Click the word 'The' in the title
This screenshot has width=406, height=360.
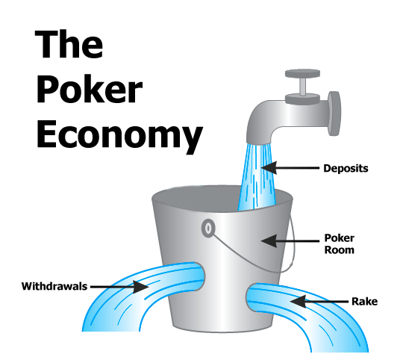coord(69,44)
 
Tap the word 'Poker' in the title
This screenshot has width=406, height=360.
coord(90,89)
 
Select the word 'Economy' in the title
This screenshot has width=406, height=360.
coord(119,135)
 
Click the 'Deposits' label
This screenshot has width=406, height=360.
coord(346,169)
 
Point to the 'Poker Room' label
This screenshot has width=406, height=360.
coord(339,244)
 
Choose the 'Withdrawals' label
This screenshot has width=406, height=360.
coord(54,286)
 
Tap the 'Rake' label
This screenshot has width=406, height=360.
coord(364,302)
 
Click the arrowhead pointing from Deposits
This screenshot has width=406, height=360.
coord(269,168)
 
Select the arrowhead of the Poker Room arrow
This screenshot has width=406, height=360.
coord(269,240)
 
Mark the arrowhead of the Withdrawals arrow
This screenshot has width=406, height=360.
coord(140,287)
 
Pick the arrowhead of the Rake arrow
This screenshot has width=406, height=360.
coord(298,302)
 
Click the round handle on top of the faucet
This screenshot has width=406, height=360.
coord(302,73)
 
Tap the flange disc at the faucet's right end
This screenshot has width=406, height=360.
coord(334,114)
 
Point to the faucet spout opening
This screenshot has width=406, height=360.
coord(258,141)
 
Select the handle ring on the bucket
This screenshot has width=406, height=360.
coord(208,228)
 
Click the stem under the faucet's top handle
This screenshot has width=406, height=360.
coord(302,86)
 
